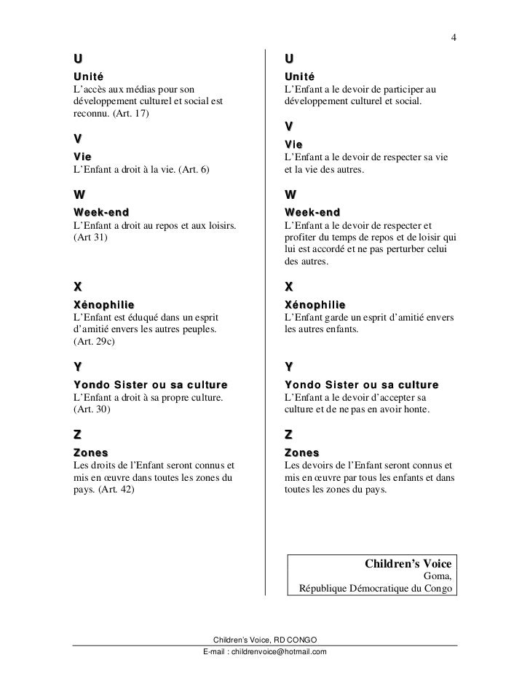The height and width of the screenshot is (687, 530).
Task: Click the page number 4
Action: (453, 38)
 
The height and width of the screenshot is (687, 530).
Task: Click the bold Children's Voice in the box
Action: (407, 564)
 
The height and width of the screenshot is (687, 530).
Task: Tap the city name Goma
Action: (438, 576)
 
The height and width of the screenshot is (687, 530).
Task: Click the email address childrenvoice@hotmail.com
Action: (265, 651)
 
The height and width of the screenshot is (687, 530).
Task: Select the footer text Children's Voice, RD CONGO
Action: (265, 638)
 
